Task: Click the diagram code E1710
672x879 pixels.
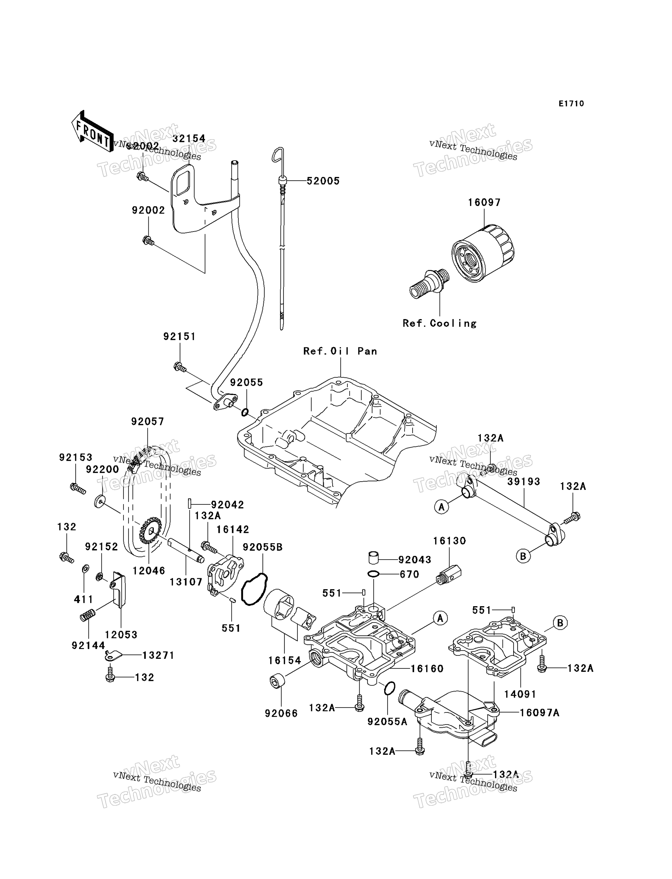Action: (571, 104)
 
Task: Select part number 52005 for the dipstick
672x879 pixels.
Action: (323, 181)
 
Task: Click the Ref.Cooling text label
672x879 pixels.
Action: (439, 323)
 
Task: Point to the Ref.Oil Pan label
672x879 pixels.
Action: (340, 351)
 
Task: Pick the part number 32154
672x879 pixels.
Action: (189, 139)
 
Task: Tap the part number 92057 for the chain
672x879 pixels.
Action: (147, 421)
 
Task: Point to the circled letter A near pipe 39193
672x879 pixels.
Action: (441, 507)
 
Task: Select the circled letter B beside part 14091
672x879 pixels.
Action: (560, 623)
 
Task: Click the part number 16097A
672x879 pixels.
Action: (539, 713)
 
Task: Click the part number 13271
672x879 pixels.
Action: (158, 655)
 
